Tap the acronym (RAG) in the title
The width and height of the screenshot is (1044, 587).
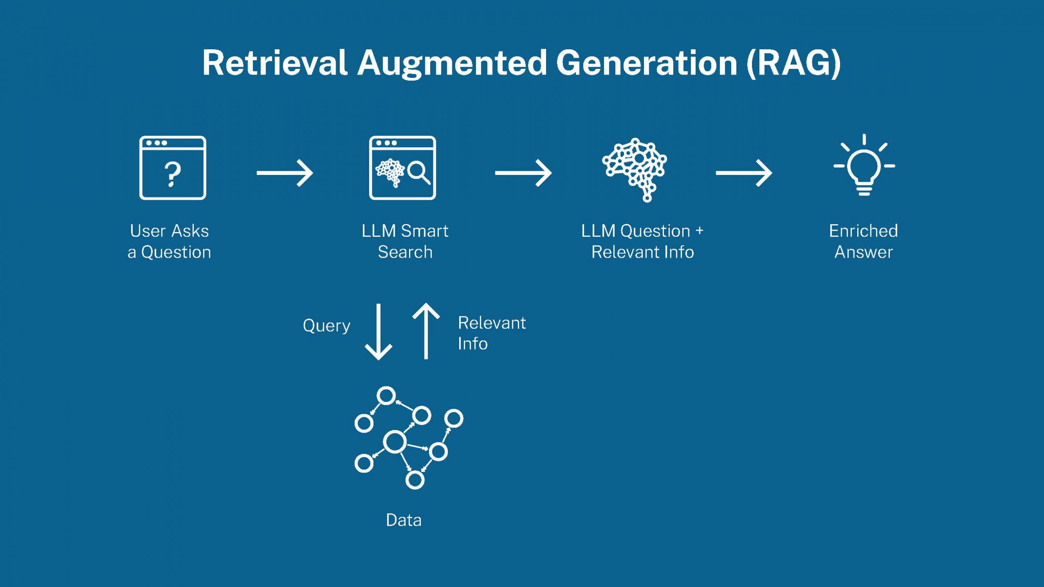(793, 63)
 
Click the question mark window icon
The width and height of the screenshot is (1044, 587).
(173, 168)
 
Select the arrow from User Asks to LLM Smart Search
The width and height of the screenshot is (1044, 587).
(285, 173)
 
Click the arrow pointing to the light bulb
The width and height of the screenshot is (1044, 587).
(743, 173)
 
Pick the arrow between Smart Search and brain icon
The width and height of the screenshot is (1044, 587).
(523, 173)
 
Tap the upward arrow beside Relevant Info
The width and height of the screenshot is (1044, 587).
(426, 331)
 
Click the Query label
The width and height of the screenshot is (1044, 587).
(326, 326)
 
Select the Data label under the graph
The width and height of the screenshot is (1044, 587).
(403, 520)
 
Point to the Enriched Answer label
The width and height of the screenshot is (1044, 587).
(863, 241)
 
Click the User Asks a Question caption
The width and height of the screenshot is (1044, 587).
(169, 241)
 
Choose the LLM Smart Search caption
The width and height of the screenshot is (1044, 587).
(405, 241)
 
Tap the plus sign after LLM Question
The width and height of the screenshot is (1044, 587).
(699, 231)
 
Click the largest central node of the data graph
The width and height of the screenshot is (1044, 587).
(395, 441)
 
